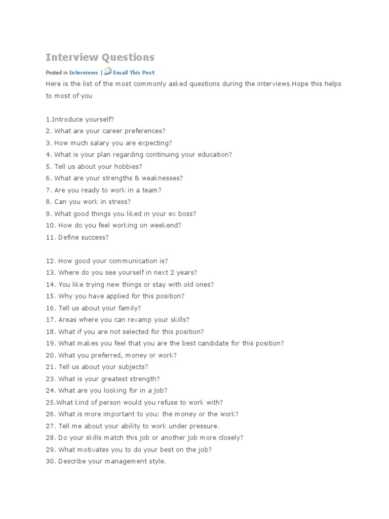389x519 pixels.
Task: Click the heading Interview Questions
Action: pyautogui.click(x=100, y=57)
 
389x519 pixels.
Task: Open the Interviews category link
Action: pyautogui.click(x=84, y=73)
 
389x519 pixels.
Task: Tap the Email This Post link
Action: pyautogui.click(x=134, y=73)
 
